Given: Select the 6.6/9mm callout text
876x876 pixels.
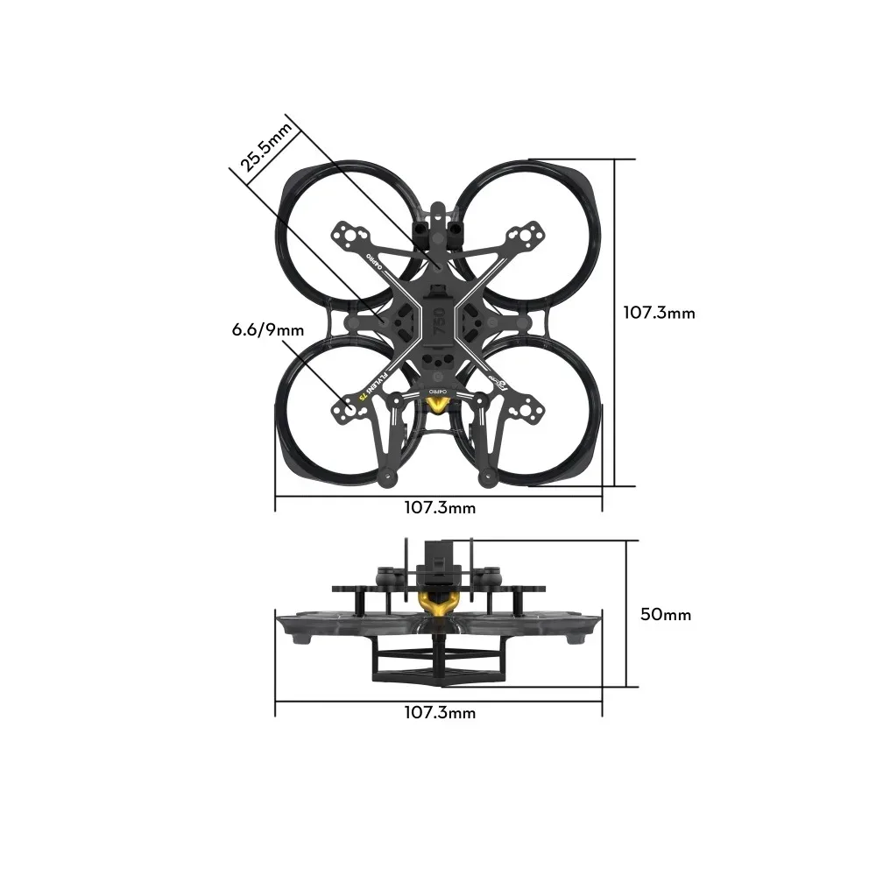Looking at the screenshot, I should (268, 329).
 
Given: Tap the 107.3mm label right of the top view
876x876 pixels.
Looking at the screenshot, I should (659, 312).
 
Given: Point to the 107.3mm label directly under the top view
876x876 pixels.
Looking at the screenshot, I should (440, 507).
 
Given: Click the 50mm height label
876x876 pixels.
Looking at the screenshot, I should (666, 614).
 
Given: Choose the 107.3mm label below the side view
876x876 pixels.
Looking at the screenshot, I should (440, 712).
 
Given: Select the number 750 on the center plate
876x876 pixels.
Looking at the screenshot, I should (439, 321).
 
